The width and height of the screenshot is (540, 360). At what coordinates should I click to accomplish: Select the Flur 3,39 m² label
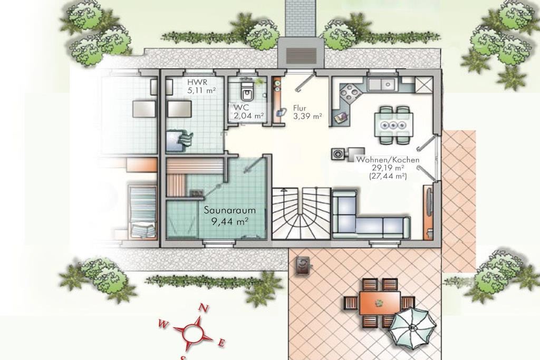tap(307, 112)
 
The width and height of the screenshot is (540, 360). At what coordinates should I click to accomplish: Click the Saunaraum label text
tap(230, 210)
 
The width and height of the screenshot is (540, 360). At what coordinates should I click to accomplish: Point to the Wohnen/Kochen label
tap(388, 160)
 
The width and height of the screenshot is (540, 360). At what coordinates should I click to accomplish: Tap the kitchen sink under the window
tap(382, 84)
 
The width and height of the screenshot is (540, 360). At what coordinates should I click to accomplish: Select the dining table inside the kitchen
tap(393, 125)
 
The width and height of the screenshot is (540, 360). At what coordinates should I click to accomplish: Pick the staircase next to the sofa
tap(301, 213)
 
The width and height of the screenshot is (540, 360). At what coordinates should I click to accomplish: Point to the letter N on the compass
tap(204, 308)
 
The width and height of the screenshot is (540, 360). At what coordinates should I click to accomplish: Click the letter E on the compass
tap(222, 343)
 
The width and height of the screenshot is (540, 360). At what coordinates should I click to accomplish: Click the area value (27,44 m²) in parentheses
tap(388, 176)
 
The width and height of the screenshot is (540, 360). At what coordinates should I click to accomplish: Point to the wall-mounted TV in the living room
tap(429, 202)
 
